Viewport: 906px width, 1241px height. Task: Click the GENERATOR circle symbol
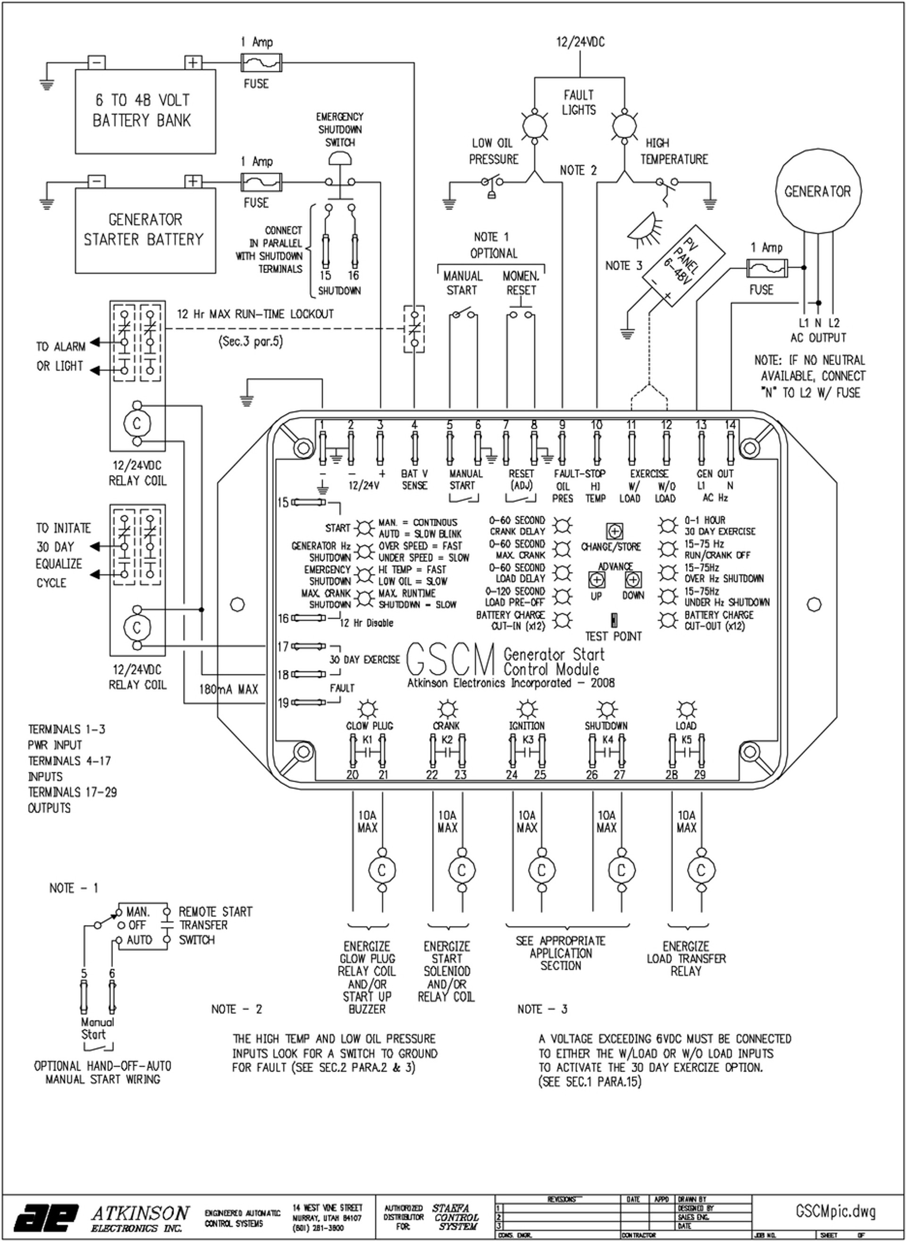click(x=818, y=191)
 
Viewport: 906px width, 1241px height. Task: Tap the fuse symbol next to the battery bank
click(x=261, y=63)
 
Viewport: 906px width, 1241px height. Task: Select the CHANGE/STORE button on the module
click(x=614, y=531)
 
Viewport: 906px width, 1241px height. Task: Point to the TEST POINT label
click(x=612, y=636)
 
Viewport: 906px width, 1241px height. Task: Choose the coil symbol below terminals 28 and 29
click(x=700, y=870)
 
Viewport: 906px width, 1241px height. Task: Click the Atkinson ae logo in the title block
click(x=46, y=1217)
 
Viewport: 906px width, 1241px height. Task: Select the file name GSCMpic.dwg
click(x=835, y=1210)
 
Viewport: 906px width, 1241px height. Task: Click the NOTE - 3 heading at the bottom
click(x=542, y=1009)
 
